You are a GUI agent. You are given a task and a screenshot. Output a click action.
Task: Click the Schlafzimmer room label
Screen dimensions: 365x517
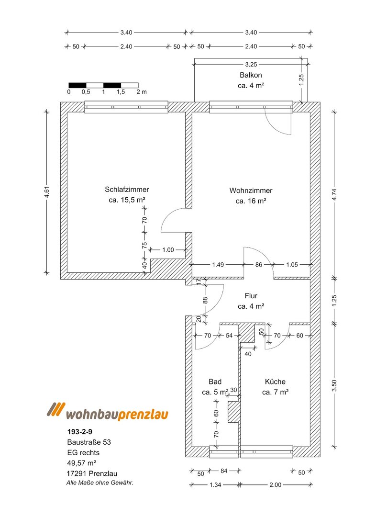coord(127,190)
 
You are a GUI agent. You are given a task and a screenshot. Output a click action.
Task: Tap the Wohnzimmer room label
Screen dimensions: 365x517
coord(251,191)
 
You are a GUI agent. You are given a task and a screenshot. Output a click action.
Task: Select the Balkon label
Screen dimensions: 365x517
coord(251,75)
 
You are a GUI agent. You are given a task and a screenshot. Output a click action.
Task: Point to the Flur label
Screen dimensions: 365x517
coord(251,296)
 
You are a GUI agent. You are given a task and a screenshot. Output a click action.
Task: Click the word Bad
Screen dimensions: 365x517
coord(215,382)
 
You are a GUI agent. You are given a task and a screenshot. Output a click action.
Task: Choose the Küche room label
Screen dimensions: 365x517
coord(275,382)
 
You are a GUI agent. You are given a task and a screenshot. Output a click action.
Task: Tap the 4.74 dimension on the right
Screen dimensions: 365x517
coord(334,194)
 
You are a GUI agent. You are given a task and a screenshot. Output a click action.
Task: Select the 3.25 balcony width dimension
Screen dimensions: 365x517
coord(251,65)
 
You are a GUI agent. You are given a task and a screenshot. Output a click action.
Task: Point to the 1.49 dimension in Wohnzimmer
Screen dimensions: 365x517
coord(218,264)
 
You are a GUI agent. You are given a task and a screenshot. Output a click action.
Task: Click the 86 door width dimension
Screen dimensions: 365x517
coord(259,264)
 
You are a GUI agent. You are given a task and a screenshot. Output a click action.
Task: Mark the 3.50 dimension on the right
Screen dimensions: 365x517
coord(334,386)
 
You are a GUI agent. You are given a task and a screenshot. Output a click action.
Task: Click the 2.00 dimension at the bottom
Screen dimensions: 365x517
coord(276,484)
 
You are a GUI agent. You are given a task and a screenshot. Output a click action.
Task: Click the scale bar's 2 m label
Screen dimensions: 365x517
coord(142,92)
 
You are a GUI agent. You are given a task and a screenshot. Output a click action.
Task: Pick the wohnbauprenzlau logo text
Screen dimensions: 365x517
coord(117,414)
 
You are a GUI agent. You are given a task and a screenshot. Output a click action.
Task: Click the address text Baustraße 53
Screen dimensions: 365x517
coord(89,442)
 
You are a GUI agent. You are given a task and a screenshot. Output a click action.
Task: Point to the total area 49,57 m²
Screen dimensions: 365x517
coord(82,463)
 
